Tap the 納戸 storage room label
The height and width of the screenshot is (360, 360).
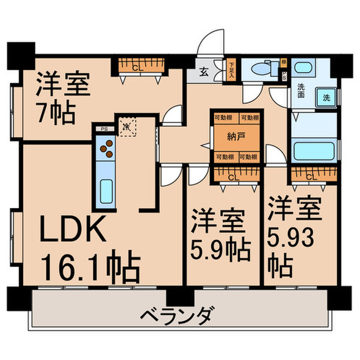pos(236,137)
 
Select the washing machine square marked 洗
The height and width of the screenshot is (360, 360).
pos(326,96)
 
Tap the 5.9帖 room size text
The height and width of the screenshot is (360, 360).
pos(221,249)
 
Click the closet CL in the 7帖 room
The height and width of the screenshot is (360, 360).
pos(135,66)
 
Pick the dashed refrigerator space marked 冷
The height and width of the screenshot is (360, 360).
pos(125,125)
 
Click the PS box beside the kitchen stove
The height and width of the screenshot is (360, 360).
pos(104,129)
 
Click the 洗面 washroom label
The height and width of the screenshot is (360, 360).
pos(301,91)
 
